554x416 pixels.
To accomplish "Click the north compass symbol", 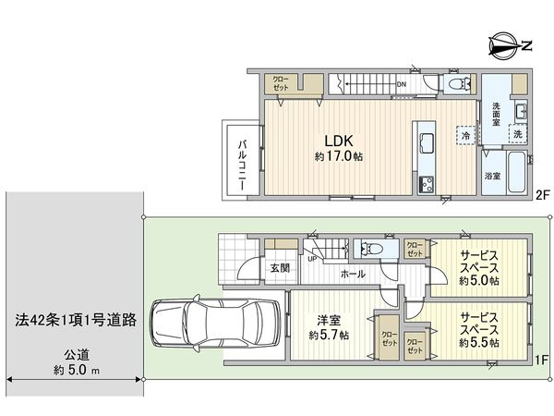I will [x=509, y=43].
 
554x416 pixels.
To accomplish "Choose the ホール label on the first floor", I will [x=352, y=275].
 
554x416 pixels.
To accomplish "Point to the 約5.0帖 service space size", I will [x=479, y=280].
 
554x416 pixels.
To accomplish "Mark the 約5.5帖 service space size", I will [x=479, y=343].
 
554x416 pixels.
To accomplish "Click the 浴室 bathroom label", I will [x=493, y=174].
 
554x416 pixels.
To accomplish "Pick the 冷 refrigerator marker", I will [x=465, y=136].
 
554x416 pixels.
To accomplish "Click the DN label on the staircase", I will [x=401, y=85].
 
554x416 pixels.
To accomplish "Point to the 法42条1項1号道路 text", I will [x=77, y=320].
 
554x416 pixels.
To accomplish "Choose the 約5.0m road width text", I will [x=77, y=371].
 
